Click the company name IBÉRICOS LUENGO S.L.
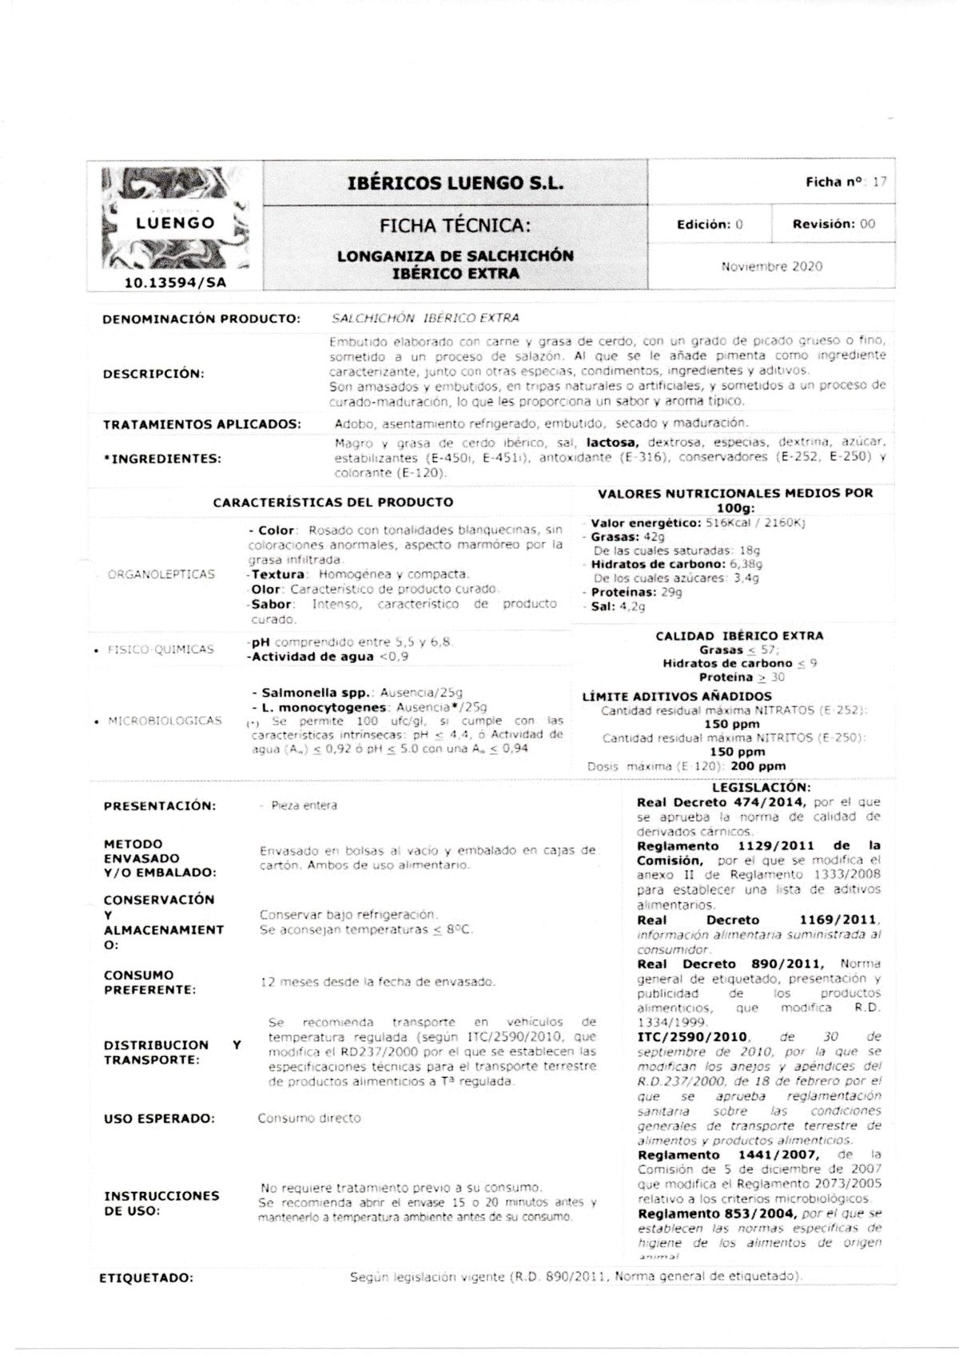pos(456,183)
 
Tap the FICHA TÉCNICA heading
pos(455,226)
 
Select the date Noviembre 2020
pos(771,266)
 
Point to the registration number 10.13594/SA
pos(176,282)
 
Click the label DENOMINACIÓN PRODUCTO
pos(201,319)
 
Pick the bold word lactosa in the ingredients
pos(613,442)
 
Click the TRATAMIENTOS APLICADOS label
pos(202,423)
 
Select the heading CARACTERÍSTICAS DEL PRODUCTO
pos(332,503)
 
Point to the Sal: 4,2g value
pos(607,606)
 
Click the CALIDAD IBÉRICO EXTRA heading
pos(738,636)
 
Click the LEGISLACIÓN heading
pos(760,787)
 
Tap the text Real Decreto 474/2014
pos(720,802)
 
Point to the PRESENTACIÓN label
pos(160,806)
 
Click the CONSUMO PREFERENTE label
pos(149,983)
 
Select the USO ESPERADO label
pos(159,1119)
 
